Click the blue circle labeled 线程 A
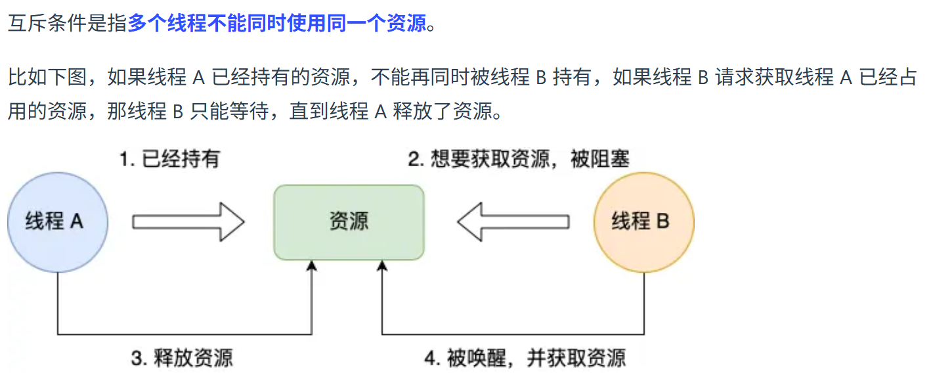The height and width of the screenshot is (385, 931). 57,222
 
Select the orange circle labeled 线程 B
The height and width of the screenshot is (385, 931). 643,222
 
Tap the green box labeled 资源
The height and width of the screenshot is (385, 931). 349,222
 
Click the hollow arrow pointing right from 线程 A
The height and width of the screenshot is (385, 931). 188,222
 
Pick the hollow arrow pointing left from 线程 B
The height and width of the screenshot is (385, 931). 513,222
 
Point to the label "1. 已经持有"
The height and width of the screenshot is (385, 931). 169,159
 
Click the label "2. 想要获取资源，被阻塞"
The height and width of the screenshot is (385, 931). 519,159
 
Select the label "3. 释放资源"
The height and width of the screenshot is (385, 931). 182,358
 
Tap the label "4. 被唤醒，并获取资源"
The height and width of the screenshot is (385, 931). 525,358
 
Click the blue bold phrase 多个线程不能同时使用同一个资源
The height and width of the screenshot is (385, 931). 276,24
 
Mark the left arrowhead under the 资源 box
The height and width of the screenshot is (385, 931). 312,265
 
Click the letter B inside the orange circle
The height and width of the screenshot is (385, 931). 662,221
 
